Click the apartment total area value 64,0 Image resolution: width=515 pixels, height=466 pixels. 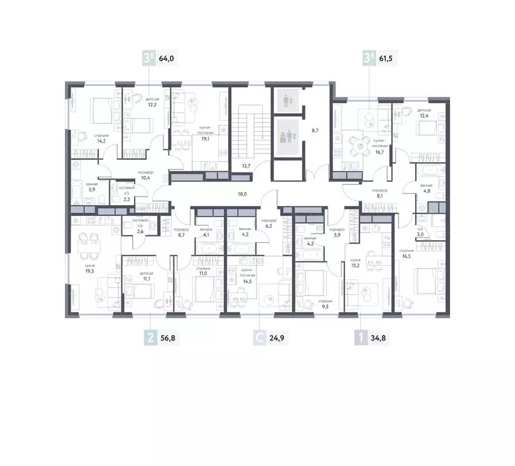pyautogui.click(x=166, y=59)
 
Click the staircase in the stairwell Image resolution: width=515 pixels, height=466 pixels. pyautogui.click(x=249, y=130)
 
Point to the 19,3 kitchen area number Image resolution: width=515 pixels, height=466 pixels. pyautogui.click(x=89, y=271)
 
